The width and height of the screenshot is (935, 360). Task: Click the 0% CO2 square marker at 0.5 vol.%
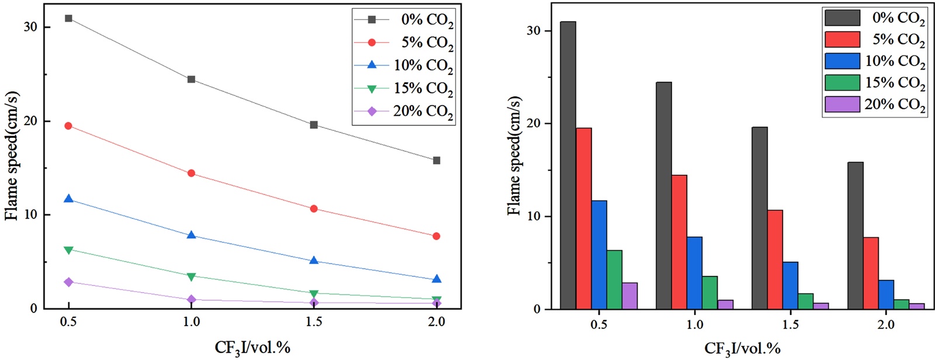pyautogui.click(x=68, y=18)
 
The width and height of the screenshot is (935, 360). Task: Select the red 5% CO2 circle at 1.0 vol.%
pyautogui.click(x=191, y=173)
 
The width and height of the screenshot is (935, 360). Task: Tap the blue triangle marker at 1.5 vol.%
pyautogui.click(x=314, y=261)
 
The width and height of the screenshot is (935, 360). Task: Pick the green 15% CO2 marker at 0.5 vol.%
pyautogui.click(x=68, y=250)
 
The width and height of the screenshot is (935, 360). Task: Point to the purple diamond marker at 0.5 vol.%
pyautogui.click(x=68, y=282)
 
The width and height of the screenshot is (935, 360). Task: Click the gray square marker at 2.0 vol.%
pyautogui.click(x=437, y=160)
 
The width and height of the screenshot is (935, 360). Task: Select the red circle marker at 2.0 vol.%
pyautogui.click(x=437, y=236)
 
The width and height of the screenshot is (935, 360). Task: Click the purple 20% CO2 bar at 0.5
pyautogui.click(x=629, y=296)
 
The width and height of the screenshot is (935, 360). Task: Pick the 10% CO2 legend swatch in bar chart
pyautogui.click(x=842, y=61)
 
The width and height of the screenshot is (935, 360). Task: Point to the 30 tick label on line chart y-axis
pyautogui.click(x=30, y=27)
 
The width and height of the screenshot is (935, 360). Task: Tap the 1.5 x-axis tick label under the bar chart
pyautogui.click(x=790, y=325)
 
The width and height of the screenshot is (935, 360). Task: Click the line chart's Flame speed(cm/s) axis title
pyautogui.click(x=12, y=155)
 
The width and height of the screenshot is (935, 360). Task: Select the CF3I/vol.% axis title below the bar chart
pyautogui.click(x=742, y=349)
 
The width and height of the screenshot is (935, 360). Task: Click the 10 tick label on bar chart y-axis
pyautogui.click(x=533, y=216)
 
